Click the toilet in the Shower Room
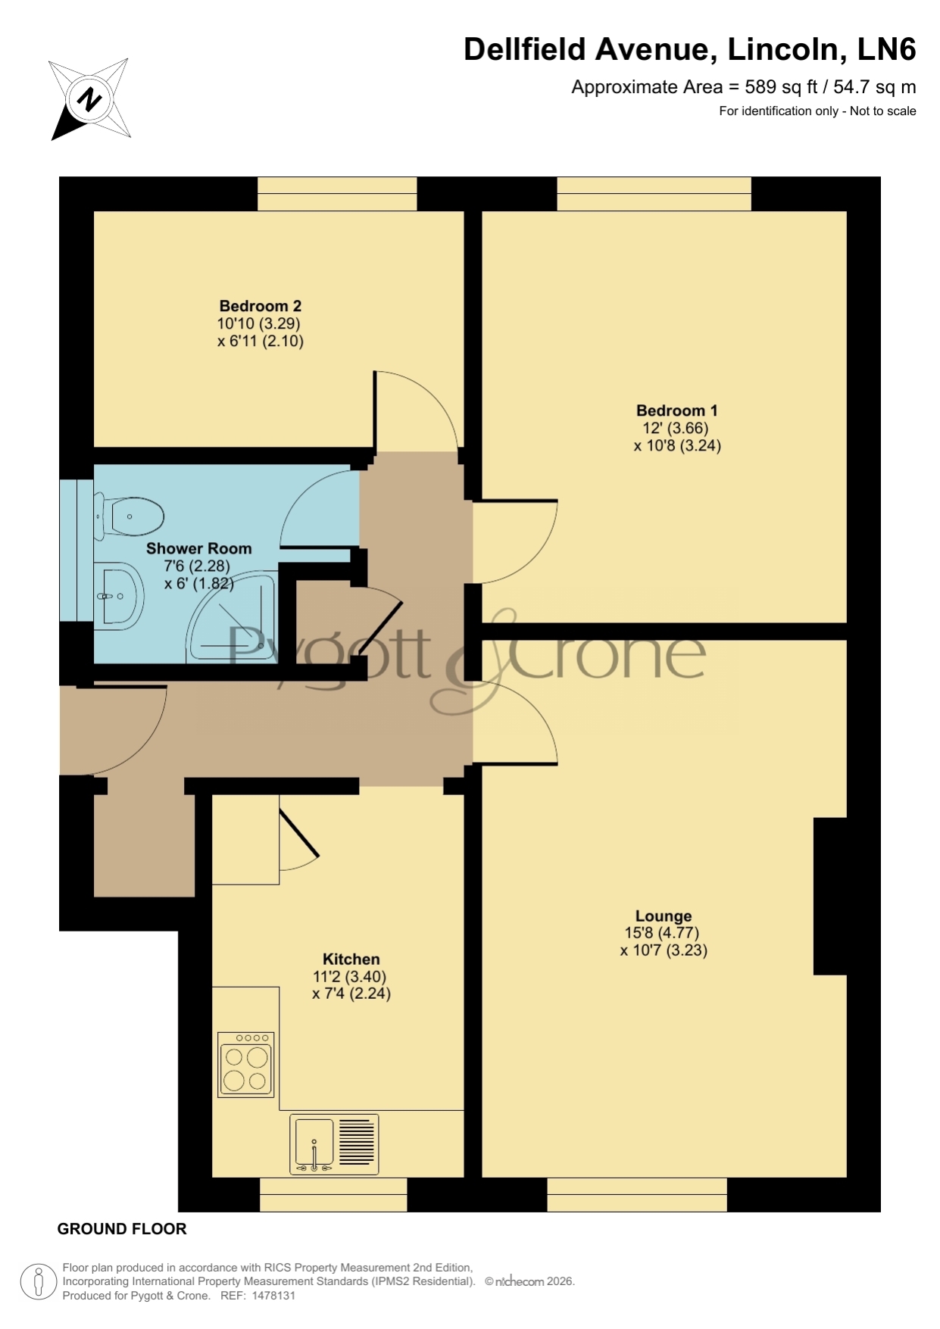(130, 516)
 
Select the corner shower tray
(233, 616)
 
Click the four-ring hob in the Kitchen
(245, 1065)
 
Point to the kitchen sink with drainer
(333, 1143)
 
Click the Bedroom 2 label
(260, 306)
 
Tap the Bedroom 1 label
(676, 410)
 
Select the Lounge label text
(664, 916)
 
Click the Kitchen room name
(351, 959)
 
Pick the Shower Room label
(198, 548)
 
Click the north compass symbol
(90, 99)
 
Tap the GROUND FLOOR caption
(122, 1229)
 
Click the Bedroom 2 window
(337, 194)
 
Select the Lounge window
(637, 1194)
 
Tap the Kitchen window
(333, 1194)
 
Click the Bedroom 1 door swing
(515, 541)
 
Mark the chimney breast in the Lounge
(830, 896)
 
